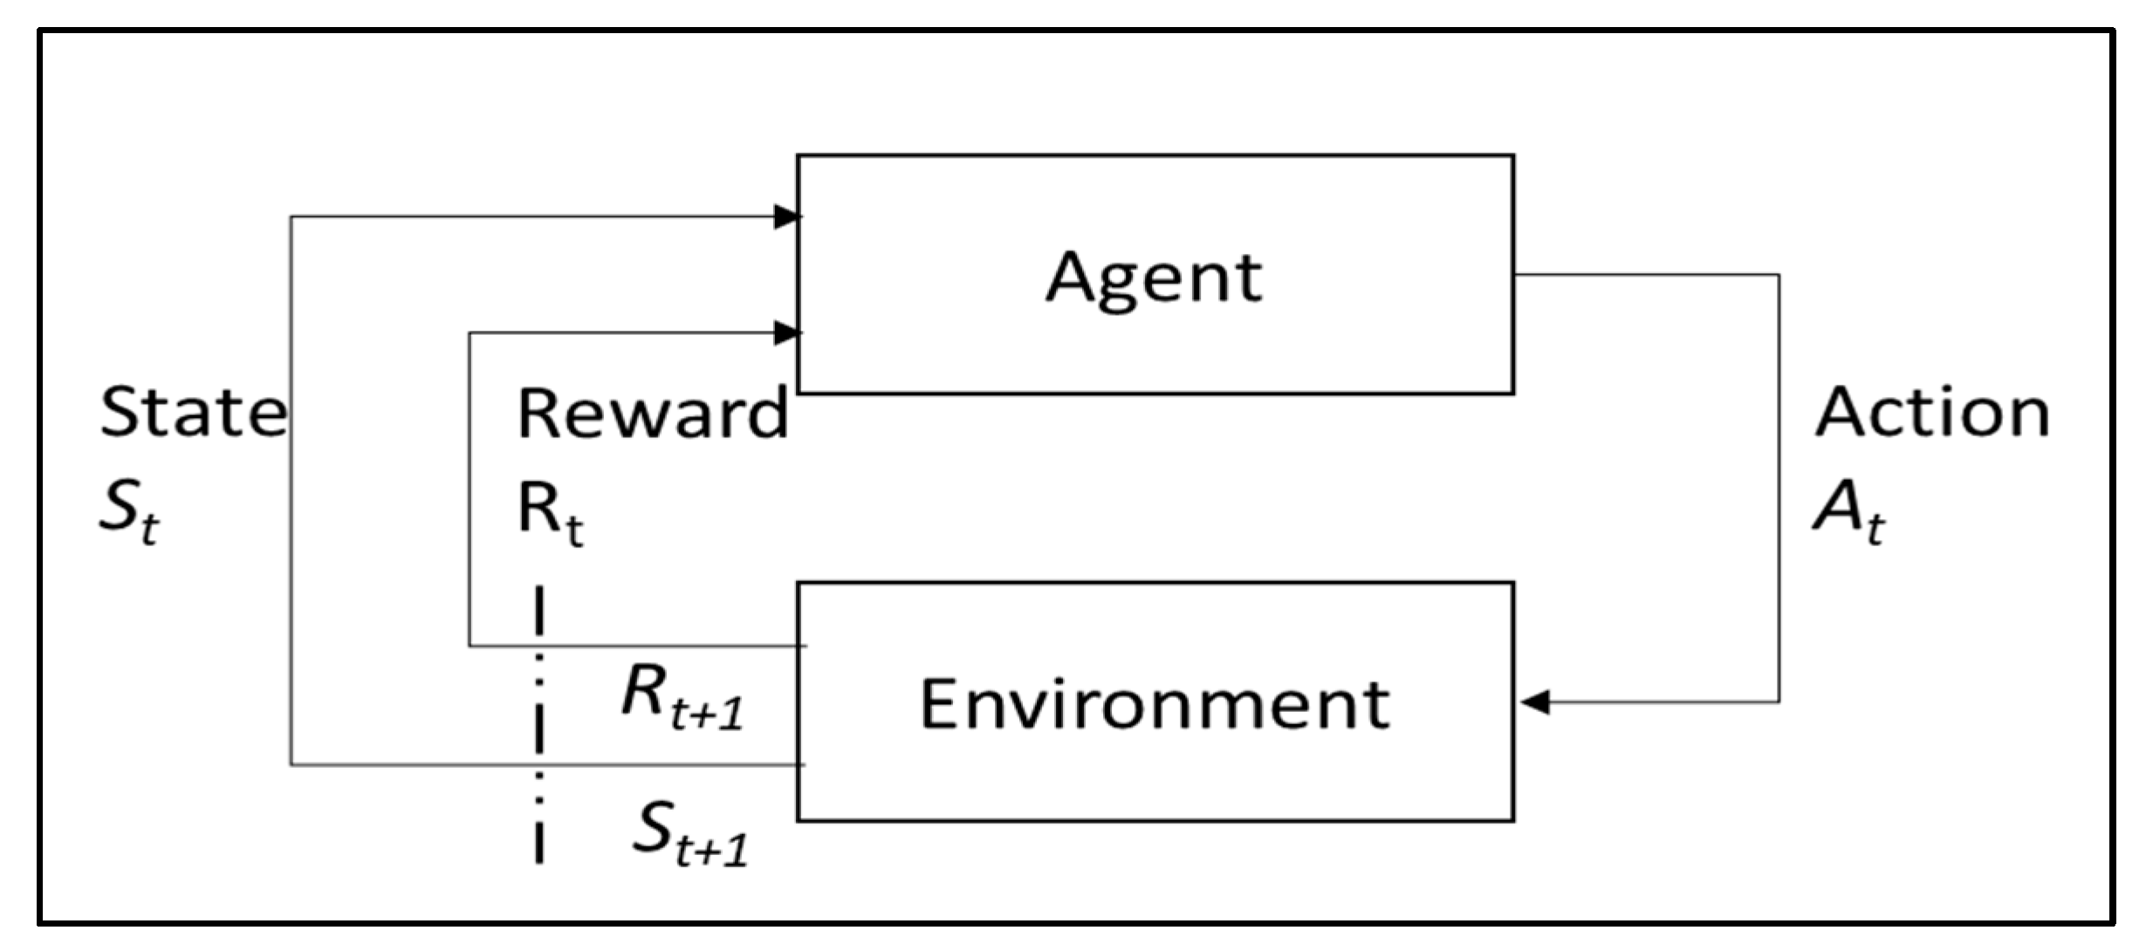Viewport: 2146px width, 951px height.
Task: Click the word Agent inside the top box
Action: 1154,277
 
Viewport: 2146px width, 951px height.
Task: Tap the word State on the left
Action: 192,413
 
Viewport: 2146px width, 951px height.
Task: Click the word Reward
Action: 652,413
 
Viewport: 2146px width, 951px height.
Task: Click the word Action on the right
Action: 1931,413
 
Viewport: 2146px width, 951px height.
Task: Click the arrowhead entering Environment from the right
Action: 1534,701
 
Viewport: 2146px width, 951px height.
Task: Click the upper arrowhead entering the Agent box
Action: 786,217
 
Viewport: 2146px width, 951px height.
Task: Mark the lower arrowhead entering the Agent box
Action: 786,332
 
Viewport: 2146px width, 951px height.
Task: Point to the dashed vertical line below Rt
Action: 539,724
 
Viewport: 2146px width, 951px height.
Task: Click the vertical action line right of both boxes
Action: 1779,489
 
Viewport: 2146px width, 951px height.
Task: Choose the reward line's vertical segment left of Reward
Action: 470,489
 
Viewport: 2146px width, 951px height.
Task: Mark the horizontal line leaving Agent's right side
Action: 1645,276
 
